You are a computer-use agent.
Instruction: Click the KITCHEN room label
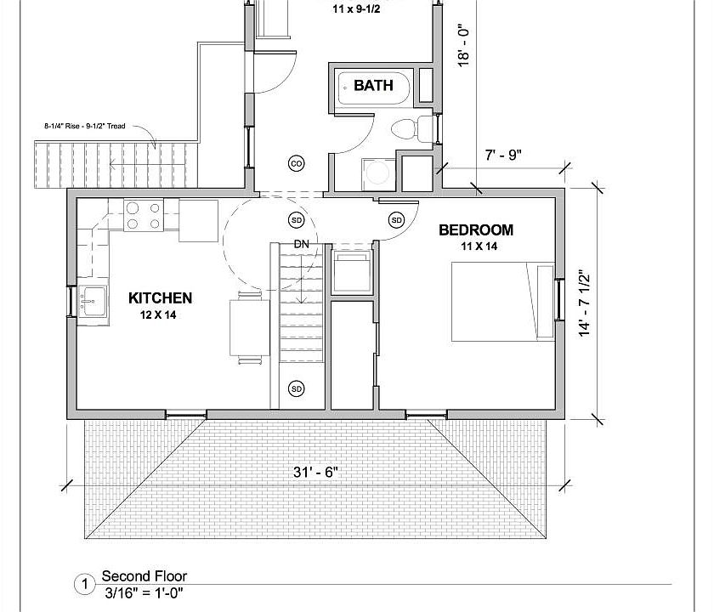click(x=160, y=298)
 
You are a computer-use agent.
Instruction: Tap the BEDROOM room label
click(x=475, y=229)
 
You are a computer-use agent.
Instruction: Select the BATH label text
click(x=373, y=85)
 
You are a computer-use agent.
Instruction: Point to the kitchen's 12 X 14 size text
click(x=160, y=315)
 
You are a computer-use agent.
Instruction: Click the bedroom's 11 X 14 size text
click(x=479, y=246)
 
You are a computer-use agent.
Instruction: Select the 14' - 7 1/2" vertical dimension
click(x=585, y=303)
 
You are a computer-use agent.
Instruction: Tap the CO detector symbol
click(x=297, y=163)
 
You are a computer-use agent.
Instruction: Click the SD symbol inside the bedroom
click(x=396, y=220)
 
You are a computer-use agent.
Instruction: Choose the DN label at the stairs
click(x=301, y=244)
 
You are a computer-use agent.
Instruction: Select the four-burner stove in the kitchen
click(x=142, y=216)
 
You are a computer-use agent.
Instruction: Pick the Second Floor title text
click(x=144, y=575)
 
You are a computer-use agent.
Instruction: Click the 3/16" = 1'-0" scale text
click(x=144, y=592)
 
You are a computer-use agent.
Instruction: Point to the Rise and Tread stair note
click(x=85, y=126)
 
